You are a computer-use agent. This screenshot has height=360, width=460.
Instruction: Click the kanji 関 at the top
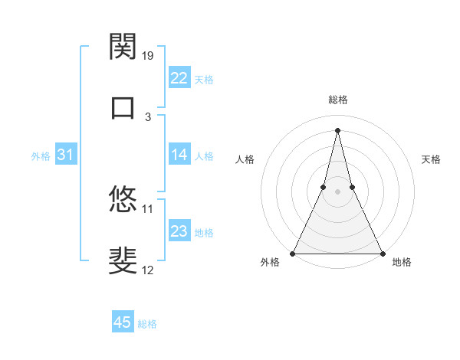pyautogui.click(x=123, y=47)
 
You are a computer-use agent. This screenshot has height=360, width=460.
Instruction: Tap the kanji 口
pyautogui.click(x=123, y=107)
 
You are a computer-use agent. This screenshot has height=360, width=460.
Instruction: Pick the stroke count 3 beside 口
pyautogui.click(x=148, y=116)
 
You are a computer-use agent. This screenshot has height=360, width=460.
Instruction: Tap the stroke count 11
pyautogui.click(x=148, y=208)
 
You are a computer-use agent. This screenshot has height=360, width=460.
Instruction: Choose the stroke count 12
pyautogui.click(x=148, y=270)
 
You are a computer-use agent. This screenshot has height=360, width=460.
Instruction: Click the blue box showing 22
pyautogui.click(x=179, y=78)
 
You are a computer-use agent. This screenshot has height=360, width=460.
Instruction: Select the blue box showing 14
pyautogui.click(x=179, y=155)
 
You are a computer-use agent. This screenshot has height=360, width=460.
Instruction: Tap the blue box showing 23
pyautogui.click(x=179, y=232)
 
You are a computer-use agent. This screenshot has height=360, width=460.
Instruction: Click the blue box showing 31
pyautogui.click(x=66, y=155)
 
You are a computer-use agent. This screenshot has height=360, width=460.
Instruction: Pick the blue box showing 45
pyautogui.click(x=123, y=323)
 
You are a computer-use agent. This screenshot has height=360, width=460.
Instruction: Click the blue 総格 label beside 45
pyautogui.click(x=148, y=324)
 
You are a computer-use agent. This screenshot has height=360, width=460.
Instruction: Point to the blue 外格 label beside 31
pyautogui.click(x=41, y=156)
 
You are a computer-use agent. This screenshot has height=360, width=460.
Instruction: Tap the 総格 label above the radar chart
pyautogui.click(x=337, y=100)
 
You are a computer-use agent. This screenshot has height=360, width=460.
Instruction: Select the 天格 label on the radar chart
pyautogui.click(x=431, y=159)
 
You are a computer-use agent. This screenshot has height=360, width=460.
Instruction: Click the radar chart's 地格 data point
pyautogui.click(x=382, y=253)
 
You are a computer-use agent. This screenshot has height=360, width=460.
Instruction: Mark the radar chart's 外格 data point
pyautogui.click(x=293, y=253)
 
